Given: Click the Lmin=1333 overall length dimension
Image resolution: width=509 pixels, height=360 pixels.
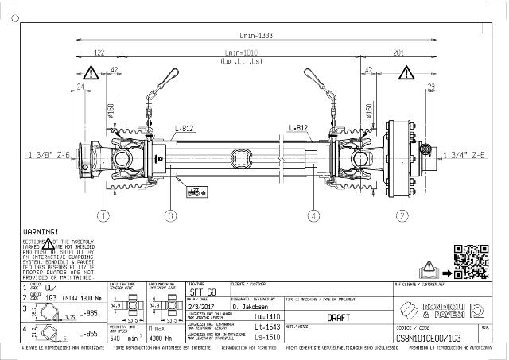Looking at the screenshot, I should [x=254, y=36].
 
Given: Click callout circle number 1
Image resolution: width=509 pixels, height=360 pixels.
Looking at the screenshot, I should [x=103, y=215].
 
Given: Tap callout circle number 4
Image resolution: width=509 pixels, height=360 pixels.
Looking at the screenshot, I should [x=314, y=215].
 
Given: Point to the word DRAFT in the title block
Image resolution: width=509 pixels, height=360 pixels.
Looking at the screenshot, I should [x=340, y=315].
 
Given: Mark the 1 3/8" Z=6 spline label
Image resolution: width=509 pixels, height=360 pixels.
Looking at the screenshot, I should [x=50, y=154].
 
